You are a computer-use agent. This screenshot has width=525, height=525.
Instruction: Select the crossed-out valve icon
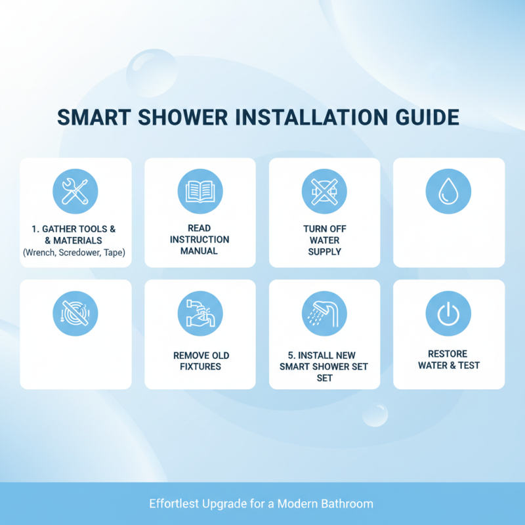point(324,192)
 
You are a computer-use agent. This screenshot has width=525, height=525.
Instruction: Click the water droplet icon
point(448,192)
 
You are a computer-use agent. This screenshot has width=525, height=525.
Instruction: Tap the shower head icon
point(324,314)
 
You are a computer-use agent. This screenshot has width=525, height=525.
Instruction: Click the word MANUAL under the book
point(199,251)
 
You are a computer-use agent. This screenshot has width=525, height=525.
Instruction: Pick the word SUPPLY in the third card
point(324,251)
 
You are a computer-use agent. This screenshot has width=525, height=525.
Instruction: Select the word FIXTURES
point(200,367)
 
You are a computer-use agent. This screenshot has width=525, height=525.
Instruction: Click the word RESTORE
point(448,354)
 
